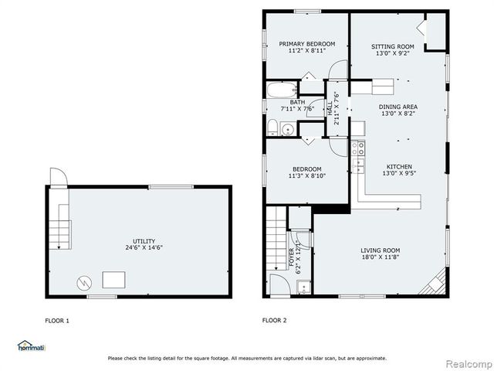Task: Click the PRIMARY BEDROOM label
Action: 307,44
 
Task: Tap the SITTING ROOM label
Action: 394,46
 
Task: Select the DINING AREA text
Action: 398,107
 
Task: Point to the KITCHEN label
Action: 399,166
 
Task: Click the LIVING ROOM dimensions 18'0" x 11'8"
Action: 381,259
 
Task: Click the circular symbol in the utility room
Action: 83,282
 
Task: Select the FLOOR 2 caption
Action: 274,320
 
